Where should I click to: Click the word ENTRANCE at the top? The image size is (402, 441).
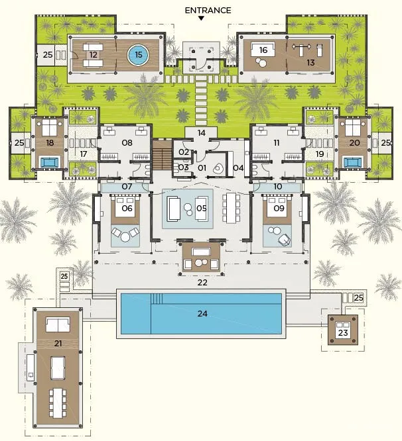click(208, 11)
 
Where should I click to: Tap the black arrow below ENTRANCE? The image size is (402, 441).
click(201, 19)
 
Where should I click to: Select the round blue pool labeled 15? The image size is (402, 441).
click(138, 54)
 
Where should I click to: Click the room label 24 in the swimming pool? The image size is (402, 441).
click(202, 313)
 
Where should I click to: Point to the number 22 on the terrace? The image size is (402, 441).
click(202, 282)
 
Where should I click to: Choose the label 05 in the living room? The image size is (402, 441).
click(202, 209)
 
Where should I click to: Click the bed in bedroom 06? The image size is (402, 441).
click(125, 207)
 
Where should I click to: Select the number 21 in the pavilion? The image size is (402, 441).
click(58, 344)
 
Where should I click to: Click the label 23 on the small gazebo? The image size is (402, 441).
click(343, 333)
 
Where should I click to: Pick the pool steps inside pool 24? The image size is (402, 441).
click(157, 299)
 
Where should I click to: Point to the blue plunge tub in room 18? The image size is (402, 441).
click(50, 162)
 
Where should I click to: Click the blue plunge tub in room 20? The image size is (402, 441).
click(353, 162)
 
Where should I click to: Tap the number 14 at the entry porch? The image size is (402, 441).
click(201, 132)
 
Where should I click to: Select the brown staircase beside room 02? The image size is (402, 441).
click(162, 156)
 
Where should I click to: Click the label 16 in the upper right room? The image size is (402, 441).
click(263, 50)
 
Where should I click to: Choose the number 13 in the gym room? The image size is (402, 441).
click(310, 62)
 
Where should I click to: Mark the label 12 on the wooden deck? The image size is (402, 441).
click(94, 54)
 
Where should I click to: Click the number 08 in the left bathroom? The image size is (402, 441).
click(127, 143)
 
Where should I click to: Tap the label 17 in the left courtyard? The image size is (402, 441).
click(84, 154)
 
